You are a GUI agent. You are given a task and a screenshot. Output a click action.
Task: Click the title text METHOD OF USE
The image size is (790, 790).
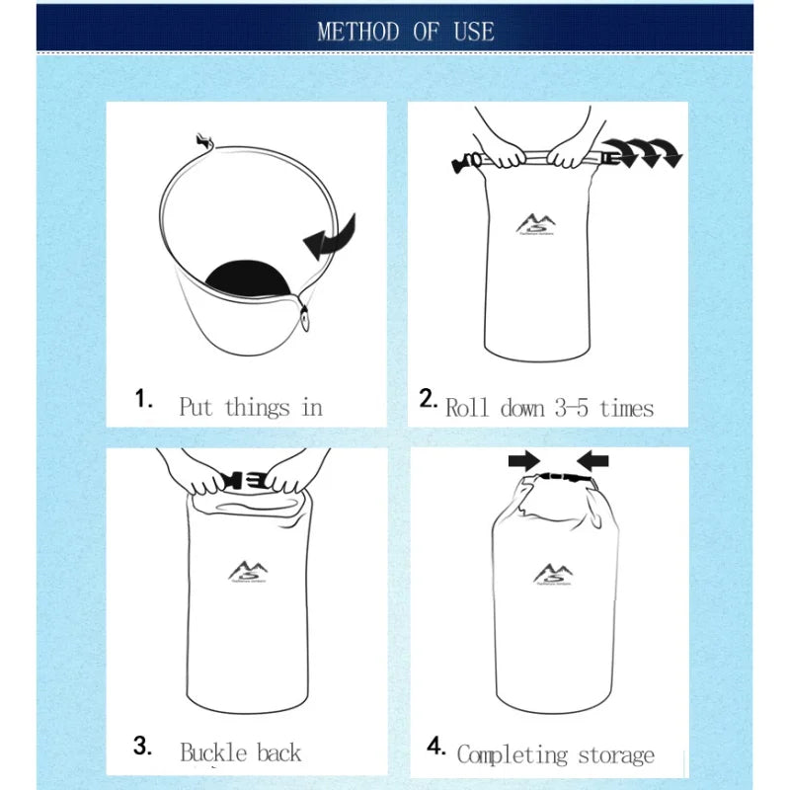coord(405,31)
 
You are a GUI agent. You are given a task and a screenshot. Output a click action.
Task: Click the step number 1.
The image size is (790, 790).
coord(144,399)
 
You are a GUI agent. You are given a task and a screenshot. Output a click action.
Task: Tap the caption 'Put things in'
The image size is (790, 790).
coord(251,407)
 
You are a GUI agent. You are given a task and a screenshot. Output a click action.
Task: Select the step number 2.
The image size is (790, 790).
coord(428,399)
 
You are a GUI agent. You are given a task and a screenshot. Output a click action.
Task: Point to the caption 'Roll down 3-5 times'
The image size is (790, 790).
coord(549,407)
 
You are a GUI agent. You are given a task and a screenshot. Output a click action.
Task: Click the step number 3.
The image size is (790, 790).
coord(144,746)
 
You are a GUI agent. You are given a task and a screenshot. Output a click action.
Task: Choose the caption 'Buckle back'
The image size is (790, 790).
coord(240,752)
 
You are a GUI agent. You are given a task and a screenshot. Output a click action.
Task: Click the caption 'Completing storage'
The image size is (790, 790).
coord(555,755)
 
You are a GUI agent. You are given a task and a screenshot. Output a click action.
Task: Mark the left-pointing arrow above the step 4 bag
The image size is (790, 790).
coord(593,460)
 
